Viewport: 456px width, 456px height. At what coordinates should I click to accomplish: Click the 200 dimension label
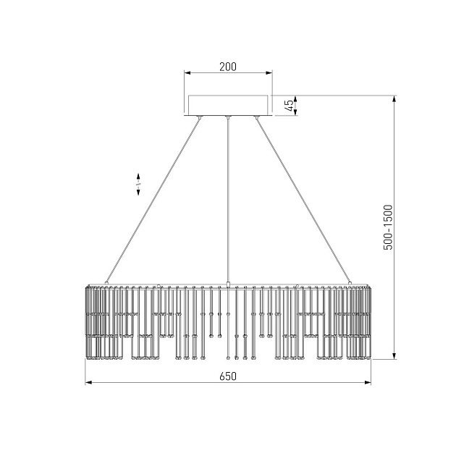228,67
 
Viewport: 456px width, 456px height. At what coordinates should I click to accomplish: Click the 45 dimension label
289,105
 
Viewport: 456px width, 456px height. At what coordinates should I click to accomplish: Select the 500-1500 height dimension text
388,227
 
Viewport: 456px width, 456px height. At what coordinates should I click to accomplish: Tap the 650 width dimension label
228,376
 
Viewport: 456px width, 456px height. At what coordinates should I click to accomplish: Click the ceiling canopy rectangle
228,105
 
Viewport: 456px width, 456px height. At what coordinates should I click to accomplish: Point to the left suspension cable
153,200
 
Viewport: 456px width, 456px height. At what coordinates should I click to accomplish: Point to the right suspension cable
303,200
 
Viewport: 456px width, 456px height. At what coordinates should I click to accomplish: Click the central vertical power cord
228,200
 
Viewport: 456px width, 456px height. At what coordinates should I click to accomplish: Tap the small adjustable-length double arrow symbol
138,185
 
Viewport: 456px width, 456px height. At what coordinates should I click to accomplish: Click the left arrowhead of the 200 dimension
187,72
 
